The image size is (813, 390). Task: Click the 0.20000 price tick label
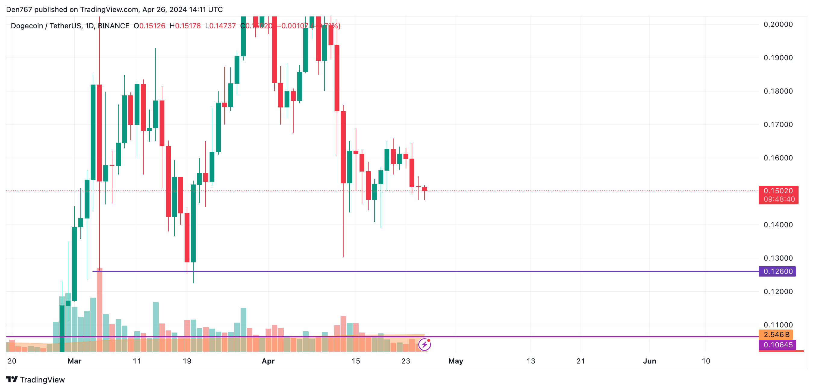[x=778, y=24]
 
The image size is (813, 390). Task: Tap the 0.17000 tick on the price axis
[x=778, y=125]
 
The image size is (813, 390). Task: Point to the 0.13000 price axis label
[x=778, y=258]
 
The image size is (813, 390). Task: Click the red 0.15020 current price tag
[x=778, y=191]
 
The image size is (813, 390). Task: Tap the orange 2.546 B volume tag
[x=776, y=334]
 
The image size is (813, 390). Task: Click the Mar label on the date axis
[x=74, y=361]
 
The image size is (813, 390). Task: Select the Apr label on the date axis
[x=268, y=361]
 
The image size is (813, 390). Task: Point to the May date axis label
[x=456, y=361]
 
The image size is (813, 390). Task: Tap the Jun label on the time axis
[x=649, y=361]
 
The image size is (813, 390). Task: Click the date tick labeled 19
[x=187, y=361]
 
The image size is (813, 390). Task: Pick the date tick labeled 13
[x=531, y=361]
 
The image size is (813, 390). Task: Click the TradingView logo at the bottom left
[x=35, y=379]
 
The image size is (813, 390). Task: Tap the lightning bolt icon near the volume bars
[x=425, y=345]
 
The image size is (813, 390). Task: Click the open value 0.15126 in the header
[x=152, y=26]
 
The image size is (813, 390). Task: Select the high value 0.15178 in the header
[x=188, y=26]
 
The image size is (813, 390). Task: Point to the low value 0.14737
[x=223, y=26]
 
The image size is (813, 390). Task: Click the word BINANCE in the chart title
[x=114, y=26]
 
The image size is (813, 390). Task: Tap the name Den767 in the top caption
[x=19, y=9]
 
